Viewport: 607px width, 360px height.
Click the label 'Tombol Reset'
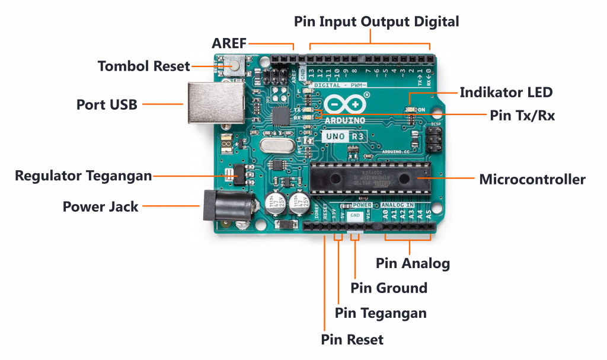[x=144, y=66]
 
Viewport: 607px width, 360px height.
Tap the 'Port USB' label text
[x=107, y=105]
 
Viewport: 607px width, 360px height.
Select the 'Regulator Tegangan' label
[x=83, y=176]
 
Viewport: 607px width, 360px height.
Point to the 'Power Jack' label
[x=100, y=207]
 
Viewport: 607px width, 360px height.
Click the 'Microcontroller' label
[x=532, y=179]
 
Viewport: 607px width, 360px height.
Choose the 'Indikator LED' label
[x=506, y=93]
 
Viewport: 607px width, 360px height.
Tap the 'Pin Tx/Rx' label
[x=522, y=116]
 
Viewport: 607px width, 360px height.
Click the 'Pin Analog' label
[x=413, y=263]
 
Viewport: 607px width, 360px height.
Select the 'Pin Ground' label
[x=388, y=288]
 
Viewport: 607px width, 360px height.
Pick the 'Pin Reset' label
[x=352, y=340]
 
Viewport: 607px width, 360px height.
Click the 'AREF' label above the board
[x=229, y=43]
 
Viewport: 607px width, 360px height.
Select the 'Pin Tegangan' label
[x=381, y=313]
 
